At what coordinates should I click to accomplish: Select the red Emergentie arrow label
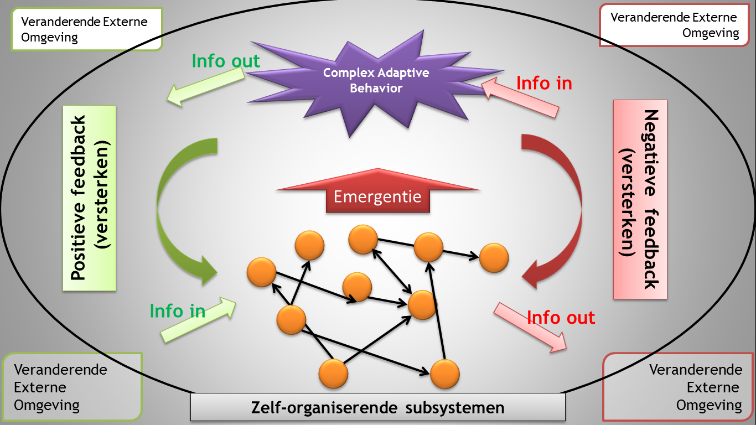tap(377, 197)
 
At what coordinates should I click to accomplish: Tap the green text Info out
tap(226, 61)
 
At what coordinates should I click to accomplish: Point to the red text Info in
tap(544, 83)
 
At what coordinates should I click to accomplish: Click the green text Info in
tap(178, 311)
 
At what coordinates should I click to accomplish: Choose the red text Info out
tap(561, 318)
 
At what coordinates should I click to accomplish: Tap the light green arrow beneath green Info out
tap(205, 88)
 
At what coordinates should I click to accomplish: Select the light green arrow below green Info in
tap(199, 319)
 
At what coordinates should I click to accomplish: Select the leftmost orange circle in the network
tap(261, 272)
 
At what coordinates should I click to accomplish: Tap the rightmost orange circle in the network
tap(494, 258)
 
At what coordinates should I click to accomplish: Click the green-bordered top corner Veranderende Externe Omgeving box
tap(87, 30)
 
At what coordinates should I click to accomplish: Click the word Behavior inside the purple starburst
tap(376, 88)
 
